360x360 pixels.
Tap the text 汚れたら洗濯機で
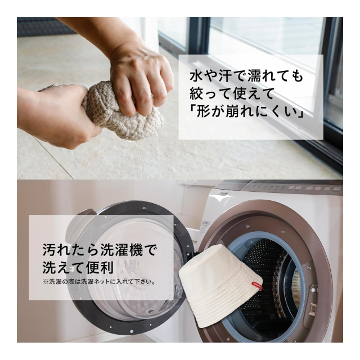tap(99, 249)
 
